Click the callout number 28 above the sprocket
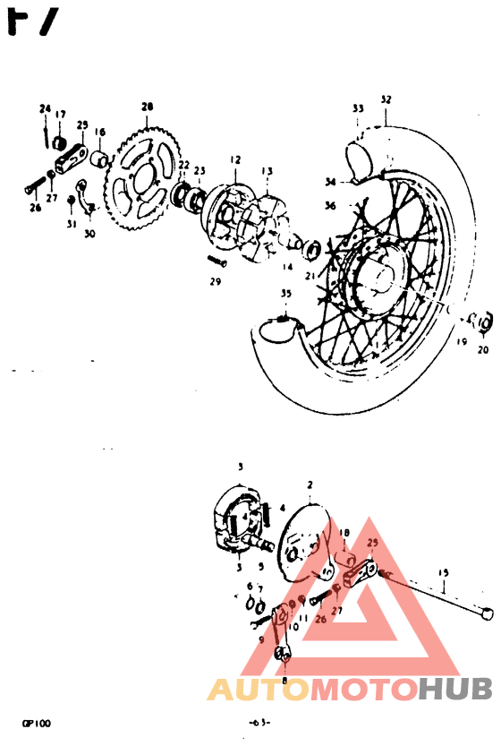point(148,106)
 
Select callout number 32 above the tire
point(386,99)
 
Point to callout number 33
point(358,108)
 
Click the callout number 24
point(44,109)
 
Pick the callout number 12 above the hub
point(235,159)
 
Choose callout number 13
point(267,170)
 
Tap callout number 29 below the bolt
point(215,282)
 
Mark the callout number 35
point(285,293)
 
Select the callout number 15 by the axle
point(442,572)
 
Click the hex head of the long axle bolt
point(487,615)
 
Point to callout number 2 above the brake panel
point(310,484)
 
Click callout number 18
point(344,532)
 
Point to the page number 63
point(260,722)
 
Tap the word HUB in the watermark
point(455,688)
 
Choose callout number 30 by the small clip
point(89,235)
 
